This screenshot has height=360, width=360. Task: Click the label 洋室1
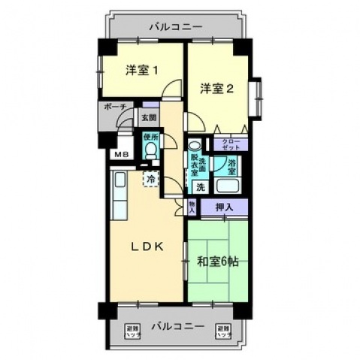tap(141, 71)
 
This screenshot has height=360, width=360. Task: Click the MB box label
tap(119, 154)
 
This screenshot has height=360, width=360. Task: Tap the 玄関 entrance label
tap(148, 118)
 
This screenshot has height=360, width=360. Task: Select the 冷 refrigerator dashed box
tap(152, 180)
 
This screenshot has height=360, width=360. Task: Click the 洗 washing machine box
tap(201, 186)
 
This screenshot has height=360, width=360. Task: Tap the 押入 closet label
tap(225, 207)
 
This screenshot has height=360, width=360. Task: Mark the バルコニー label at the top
tap(175, 27)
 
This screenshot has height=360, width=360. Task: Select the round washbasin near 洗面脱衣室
tap(194, 147)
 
